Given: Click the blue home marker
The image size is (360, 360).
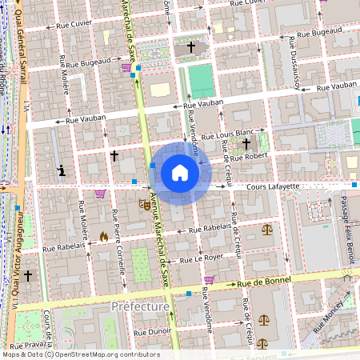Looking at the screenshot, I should point(180,173).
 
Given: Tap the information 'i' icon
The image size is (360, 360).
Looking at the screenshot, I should point(62,170).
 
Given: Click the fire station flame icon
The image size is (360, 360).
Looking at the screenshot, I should point(104,237).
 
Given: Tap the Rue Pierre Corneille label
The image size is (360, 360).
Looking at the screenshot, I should point(118,240).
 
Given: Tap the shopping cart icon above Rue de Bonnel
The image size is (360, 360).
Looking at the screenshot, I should point(209,280).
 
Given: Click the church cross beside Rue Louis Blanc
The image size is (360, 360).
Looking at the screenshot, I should point(246,143).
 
